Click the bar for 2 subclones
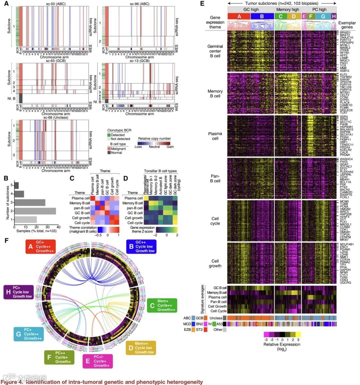click(35, 211)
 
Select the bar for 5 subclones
click(16, 185)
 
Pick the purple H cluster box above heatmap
click(334, 16)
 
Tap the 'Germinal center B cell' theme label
click(215, 51)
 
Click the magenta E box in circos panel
click(98, 361)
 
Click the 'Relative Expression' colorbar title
click(282, 344)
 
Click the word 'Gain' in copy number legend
click(170, 147)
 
